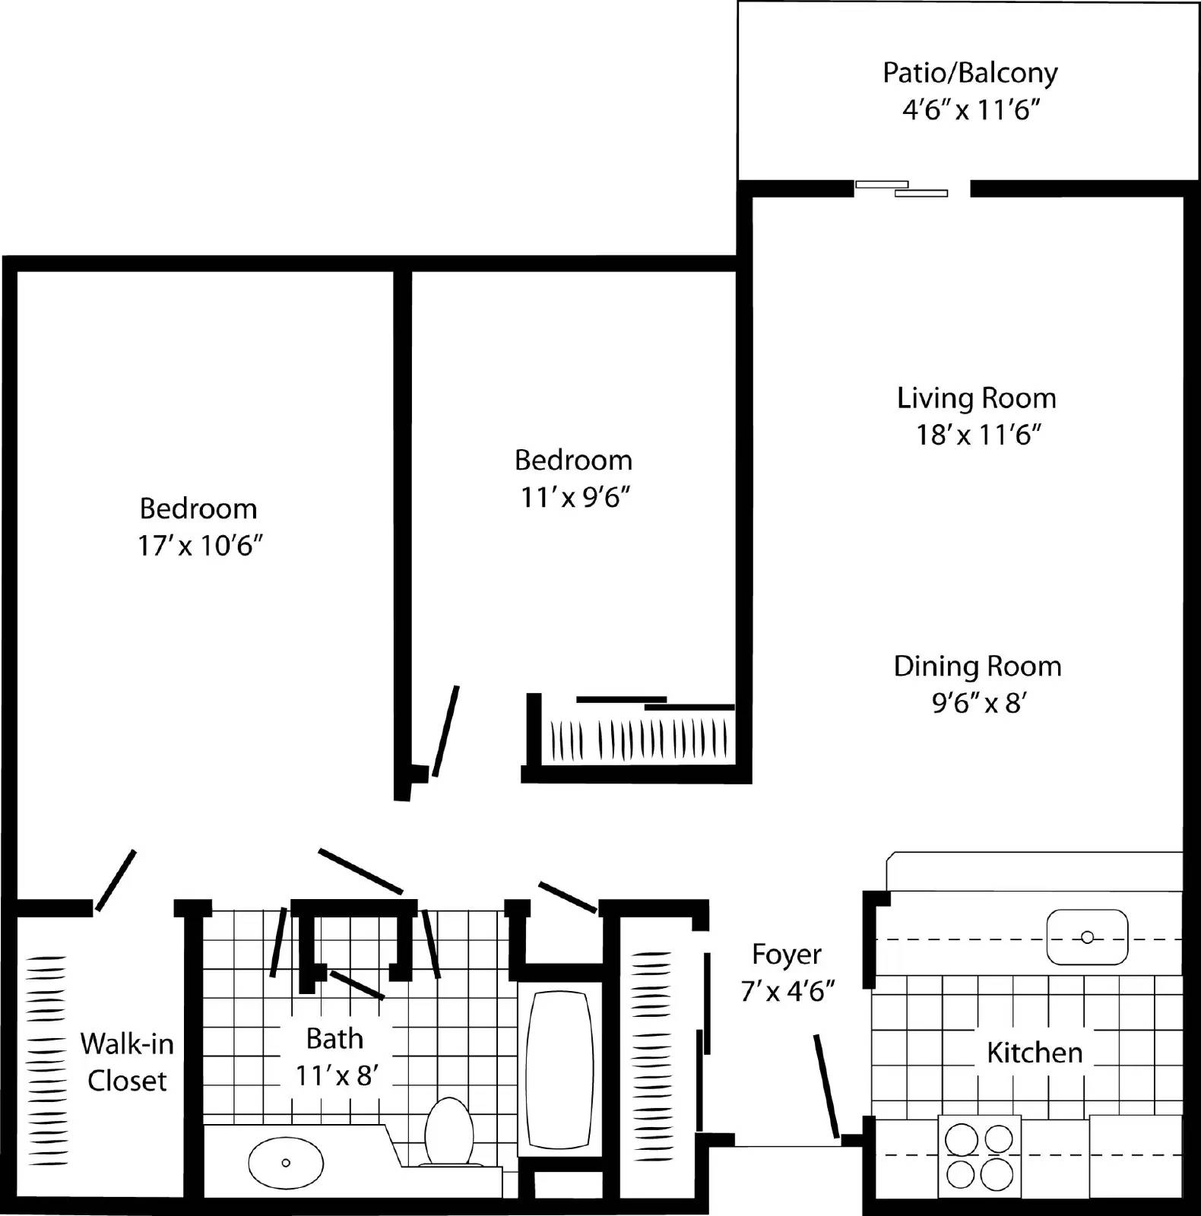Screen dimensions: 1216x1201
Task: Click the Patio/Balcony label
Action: (970, 73)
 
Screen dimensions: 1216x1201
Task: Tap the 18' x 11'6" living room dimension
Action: (978, 435)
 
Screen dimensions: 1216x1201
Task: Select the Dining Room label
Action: (978, 667)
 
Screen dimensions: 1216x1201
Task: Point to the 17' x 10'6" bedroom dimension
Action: (199, 546)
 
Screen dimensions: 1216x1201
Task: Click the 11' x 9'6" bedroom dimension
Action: (575, 497)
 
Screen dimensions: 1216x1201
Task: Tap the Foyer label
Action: (787, 955)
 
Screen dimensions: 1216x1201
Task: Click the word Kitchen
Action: (1035, 1053)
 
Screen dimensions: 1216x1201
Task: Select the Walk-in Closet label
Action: (127, 1062)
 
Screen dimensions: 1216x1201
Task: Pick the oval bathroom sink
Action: (286, 1163)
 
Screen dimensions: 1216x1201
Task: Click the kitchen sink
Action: (1087, 938)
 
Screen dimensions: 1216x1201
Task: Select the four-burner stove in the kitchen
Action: (979, 1157)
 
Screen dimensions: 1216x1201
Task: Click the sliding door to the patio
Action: (902, 188)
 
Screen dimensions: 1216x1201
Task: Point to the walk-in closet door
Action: (116, 880)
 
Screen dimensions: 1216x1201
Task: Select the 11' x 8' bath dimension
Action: (337, 1075)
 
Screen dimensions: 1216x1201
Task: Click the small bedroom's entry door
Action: (445, 731)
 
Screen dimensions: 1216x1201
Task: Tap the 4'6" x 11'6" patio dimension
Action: (971, 110)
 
